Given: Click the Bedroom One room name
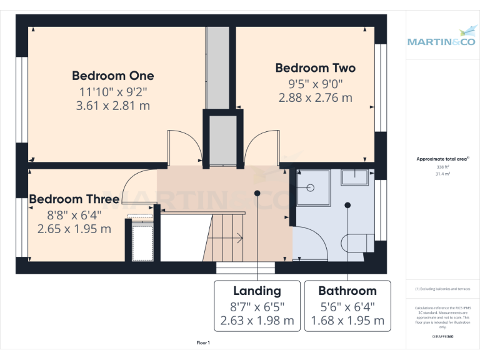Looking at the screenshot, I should (x=112, y=76).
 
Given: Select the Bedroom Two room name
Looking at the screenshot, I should (x=315, y=68).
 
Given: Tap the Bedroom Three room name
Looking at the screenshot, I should (x=74, y=199).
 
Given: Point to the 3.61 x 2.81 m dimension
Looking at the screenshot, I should (x=112, y=106).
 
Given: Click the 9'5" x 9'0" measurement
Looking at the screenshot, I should (x=315, y=83).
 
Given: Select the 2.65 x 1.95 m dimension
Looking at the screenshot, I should (x=74, y=229).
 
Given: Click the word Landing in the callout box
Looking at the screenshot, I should (x=257, y=291).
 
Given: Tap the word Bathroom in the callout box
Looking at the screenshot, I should (x=347, y=291).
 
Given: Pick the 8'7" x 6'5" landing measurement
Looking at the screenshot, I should (x=257, y=306).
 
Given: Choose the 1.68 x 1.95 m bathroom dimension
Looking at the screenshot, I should (x=347, y=321).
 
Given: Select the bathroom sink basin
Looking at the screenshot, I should (x=357, y=177).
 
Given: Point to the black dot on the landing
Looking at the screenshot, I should (x=257, y=193).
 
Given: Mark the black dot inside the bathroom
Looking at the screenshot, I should (x=347, y=204).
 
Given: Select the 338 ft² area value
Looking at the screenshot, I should (x=442, y=167).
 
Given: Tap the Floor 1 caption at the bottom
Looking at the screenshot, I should (x=203, y=343).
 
